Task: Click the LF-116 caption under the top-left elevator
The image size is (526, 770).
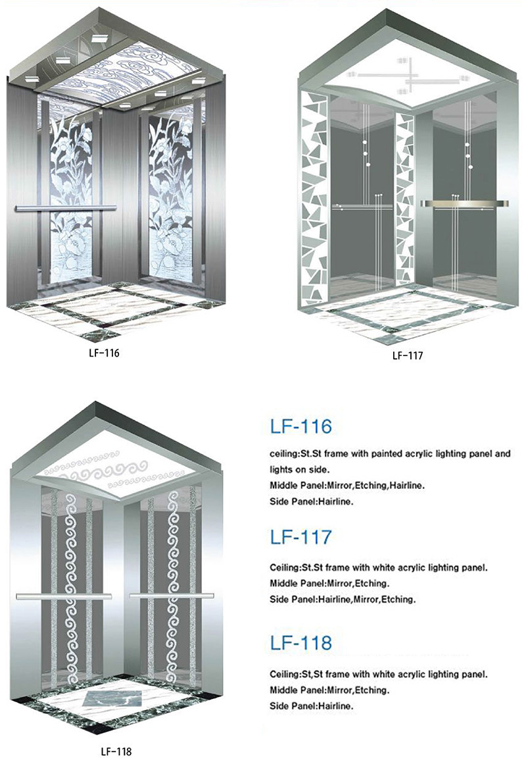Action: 104,353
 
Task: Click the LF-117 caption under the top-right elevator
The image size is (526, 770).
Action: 407,355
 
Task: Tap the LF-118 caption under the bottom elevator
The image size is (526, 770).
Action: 116,752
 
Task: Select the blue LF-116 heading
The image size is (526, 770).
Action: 300,426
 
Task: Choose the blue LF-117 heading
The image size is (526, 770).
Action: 300,537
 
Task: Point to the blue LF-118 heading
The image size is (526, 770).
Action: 300,643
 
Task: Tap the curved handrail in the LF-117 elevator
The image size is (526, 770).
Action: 464,203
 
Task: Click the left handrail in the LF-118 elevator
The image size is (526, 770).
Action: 64,597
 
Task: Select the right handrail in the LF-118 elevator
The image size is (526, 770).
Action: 172,596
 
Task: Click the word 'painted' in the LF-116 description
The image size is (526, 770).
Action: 382,453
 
